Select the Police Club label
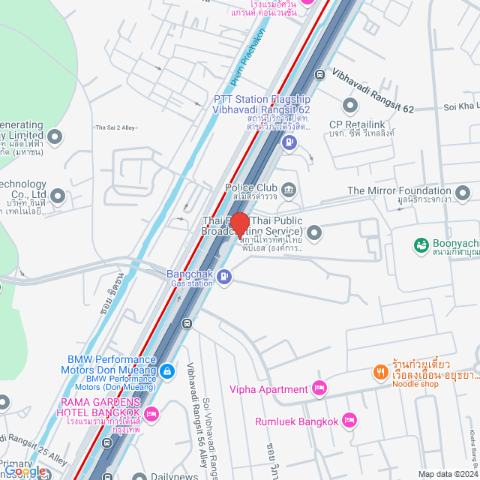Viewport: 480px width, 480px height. [250, 187]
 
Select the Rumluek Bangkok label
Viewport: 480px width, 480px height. [296, 421]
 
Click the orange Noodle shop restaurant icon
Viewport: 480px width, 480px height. [380, 371]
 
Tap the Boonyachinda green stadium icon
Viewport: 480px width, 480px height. [421, 244]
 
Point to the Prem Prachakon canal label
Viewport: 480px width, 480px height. [248, 56]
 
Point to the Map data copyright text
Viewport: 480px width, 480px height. [448, 474]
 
